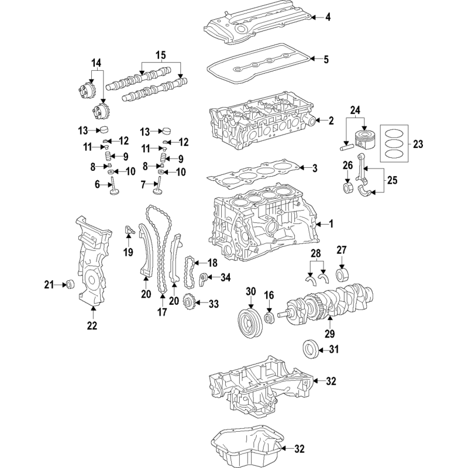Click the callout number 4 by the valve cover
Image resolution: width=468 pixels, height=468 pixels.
(328, 18)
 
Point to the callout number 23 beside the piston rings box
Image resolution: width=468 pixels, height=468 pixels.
(418, 144)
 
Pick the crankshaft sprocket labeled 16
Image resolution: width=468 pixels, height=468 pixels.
(270, 317)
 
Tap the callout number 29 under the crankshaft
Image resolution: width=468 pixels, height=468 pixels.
(329, 333)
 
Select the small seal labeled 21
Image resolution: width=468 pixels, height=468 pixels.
(70, 284)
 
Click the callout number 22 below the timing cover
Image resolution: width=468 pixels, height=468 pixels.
(92, 325)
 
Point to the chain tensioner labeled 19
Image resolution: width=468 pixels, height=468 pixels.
(129, 230)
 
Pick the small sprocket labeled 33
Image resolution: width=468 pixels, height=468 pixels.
(188, 304)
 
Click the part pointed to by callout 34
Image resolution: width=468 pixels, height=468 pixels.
(202, 278)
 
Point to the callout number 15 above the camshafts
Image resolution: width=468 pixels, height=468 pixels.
(160, 55)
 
